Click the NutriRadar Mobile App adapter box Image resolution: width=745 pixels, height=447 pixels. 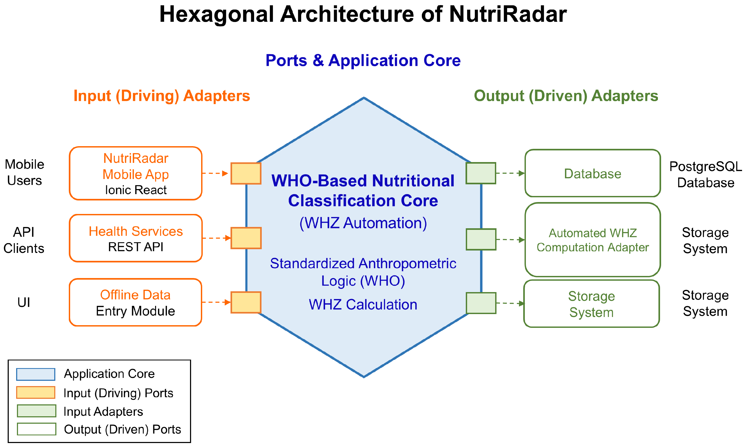pyautogui.click(x=136, y=173)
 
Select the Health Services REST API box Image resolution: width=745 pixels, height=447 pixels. pyautogui.click(x=136, y=238)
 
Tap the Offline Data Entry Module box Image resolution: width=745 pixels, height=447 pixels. pyautogui.click(x=136, y=302)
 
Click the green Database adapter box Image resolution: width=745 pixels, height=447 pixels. pyautogui.click(x=592, y=173)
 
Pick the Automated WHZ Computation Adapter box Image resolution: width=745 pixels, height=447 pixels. pyautogui.click(x=592, y=240)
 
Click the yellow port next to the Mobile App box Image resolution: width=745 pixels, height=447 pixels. pyautogui.click(x=246, y=173)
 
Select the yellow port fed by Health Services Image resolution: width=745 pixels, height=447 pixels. pyautogui.click(x=246, y=238)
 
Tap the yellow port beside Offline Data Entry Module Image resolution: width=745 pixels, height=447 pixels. pyautogui.click(x=246, y=302)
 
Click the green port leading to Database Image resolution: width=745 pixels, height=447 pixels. pyautogui.click(x=481, y=173)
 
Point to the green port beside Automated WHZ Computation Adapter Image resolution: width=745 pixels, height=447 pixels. pyautogui.click(x=481, y=239)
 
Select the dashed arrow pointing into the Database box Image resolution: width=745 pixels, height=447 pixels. pyautogui.click(x=510, y=173)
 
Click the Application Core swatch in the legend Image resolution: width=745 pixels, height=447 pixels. pyautogui.click(x=35, y=374)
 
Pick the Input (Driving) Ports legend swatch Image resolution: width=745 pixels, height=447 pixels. pyautogui.click(x=35, y=392)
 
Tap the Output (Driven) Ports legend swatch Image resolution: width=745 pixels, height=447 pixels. pyautogui.click(x=37, y=429)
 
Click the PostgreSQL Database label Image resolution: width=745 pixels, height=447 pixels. pyautogui.click(x=705, y=175)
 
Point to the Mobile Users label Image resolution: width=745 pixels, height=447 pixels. pyautogui.click(x=24, y=173)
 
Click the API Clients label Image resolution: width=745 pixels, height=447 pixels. pyautogui.click(x=24, y=240)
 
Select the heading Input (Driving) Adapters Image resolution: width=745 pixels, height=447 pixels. pyautogui.click(x=162, y=96)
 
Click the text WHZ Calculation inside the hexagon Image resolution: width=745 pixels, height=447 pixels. pyautogui.click(x=363, y=305)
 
